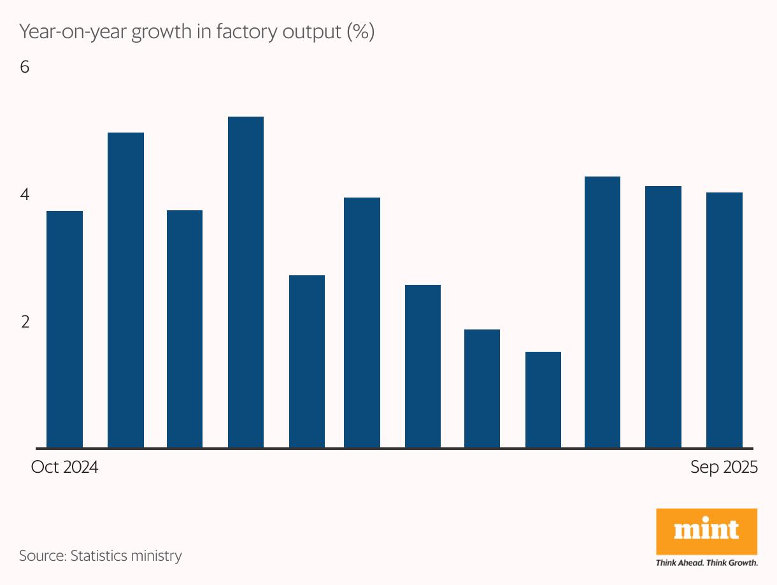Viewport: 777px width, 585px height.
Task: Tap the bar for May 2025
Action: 482,389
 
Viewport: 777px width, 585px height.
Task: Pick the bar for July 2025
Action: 602,312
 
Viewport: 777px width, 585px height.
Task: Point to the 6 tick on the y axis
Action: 25,67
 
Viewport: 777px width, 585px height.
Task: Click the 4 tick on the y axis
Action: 25,194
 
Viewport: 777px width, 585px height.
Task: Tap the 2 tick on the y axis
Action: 25,322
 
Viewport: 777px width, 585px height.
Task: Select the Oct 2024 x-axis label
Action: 64,467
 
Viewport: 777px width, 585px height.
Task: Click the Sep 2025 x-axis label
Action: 724,467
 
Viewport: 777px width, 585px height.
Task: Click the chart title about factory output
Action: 196,32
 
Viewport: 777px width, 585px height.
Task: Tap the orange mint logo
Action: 706,531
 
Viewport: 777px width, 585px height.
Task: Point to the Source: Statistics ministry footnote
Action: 100,555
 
